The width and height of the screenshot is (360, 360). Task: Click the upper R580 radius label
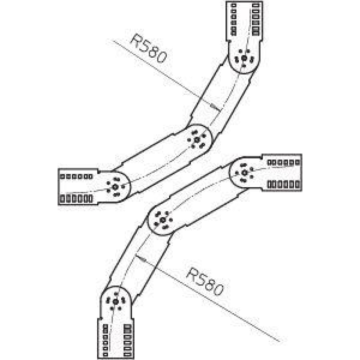tap(148, 49)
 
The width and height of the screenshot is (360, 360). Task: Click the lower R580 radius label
tap(204, 282)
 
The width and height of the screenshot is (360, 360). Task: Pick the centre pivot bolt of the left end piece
tap(115, 187)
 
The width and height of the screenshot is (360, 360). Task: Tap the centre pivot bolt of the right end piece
tap(245, 173)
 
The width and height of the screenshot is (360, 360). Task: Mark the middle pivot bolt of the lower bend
tap(163, 220)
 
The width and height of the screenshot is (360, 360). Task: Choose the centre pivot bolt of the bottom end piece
tap(116, 302)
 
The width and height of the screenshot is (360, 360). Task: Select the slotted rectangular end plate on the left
tap(78, 186)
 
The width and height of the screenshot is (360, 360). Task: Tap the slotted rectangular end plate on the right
tap(282, 172)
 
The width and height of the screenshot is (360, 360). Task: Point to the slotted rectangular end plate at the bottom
tap(116, 338)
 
